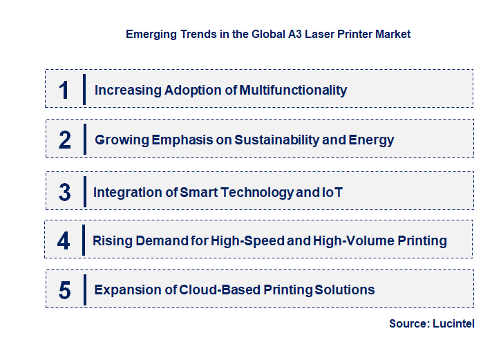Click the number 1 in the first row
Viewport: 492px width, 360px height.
point(64,90)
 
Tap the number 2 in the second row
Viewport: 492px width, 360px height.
point(65,140)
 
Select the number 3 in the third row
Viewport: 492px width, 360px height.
point(64,192)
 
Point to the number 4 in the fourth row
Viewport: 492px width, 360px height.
point(64,241)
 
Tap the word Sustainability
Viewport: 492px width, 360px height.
point(277,140)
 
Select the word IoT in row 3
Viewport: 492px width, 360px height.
point(332,192)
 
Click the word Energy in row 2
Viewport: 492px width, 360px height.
point(372,140)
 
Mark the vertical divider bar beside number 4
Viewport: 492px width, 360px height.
point(83,240)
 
